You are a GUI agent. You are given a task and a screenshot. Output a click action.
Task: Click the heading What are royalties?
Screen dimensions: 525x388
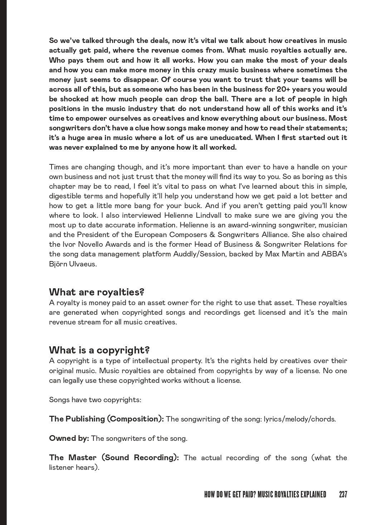(x=96, y=292)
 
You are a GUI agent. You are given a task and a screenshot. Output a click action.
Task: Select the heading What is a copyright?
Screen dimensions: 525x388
(x=99, y=350)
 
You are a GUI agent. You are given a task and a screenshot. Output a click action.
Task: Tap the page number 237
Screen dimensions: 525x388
(x=343, y=495)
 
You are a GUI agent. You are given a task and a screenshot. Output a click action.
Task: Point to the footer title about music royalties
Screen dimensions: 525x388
(x=265, y=495)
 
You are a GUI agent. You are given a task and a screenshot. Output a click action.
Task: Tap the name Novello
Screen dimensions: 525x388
(x=83, y=244)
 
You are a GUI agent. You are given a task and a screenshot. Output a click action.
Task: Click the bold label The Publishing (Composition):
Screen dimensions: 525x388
(x=106, y=419)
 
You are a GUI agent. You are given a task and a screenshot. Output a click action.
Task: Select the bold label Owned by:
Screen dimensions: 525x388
(x=69, y=438)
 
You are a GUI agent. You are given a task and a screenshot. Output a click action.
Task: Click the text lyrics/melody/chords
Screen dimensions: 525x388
(x=300, y=419)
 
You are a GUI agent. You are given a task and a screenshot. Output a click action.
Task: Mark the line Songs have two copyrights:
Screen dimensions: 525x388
(x=95, y=400)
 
